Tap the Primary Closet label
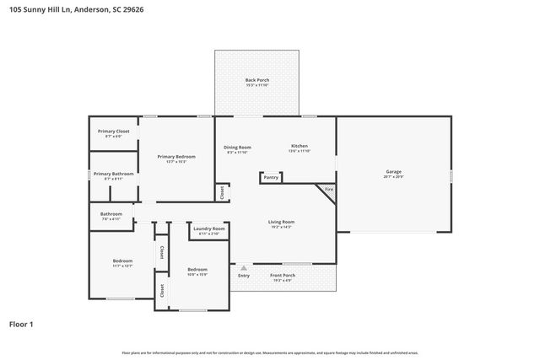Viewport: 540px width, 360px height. pos(113,131)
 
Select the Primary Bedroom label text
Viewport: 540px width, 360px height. pos(176,156)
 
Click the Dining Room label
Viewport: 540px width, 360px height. pos(237,147)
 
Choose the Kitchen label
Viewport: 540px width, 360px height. pos(300,147)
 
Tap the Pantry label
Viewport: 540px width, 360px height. pos(270,177)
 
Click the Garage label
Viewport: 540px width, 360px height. pos(393,171)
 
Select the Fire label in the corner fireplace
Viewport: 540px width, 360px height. pos(329,190)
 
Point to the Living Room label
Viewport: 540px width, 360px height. pos(281,222)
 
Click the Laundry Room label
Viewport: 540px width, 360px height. pos(208,228)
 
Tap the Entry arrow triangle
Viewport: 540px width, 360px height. pos(244,268)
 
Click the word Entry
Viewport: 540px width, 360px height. pos(244,276)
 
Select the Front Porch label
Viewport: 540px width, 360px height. pos(283,276)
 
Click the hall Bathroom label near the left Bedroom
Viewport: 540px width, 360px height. pos(111,213)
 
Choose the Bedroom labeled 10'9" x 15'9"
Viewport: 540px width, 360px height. pos(197,269)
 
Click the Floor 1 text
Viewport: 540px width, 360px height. pos(21,324)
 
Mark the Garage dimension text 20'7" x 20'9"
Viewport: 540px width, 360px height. pos(393,176)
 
